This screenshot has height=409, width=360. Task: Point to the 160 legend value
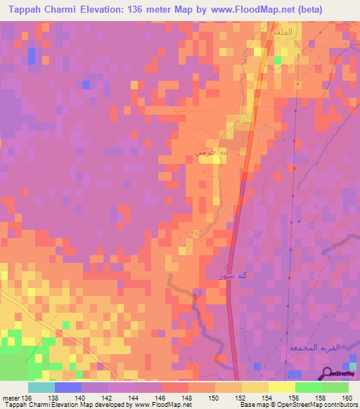pos(347,398)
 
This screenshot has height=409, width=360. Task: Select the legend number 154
pos(269,398)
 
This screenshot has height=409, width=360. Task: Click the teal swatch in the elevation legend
pos(41,387)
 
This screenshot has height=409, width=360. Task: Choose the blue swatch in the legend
pos(67,387)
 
